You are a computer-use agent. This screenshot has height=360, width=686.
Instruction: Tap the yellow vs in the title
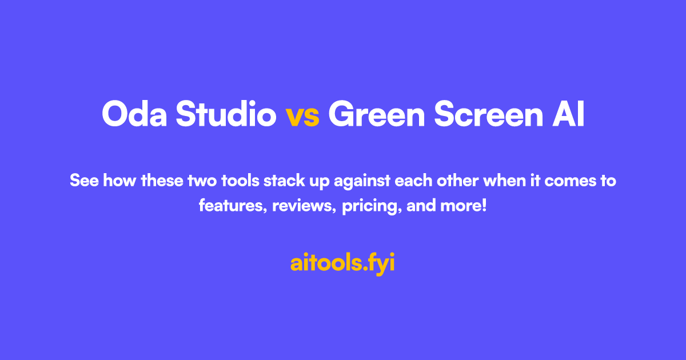[302, 117]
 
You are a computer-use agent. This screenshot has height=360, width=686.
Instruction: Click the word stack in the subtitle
[281, 181]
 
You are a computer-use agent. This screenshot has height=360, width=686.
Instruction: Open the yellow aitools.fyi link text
[342, 263]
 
